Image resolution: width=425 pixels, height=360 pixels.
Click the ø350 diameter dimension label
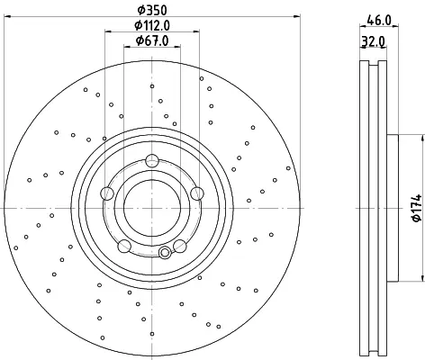tap(152, 10)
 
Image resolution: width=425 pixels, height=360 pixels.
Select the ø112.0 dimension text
tap(152, 25)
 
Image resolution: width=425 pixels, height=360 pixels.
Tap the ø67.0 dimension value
tap(152, 40)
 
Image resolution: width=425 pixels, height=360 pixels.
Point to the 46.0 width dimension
tap(379, 21)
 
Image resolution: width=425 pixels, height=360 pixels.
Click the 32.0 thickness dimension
tap(373, 41)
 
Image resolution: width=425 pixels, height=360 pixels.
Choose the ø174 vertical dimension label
tap(417, 208)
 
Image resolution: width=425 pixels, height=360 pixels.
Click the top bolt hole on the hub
tap(152, 160)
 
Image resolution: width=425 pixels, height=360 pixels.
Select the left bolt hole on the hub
tap(107, 193)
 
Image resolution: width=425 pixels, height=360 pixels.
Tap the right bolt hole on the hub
tap(197, 193)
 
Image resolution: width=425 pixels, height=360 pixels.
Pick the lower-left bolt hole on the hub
tap(124, 246)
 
